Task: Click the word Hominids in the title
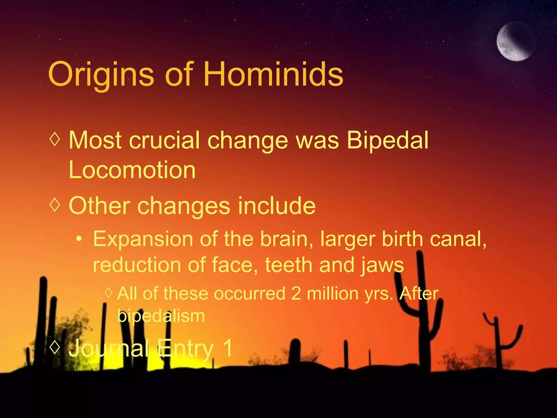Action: pos(273,74)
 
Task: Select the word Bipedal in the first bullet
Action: pos(388,140)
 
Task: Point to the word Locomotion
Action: pos(132,170)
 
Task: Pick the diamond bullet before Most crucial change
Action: pos(55,139)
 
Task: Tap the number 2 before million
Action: pos(296,294)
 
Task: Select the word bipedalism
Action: pos(161,316)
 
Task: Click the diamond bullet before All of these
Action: pos(109,293)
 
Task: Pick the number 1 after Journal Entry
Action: pos(227,348)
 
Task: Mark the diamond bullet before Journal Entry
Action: pos(55,347)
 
